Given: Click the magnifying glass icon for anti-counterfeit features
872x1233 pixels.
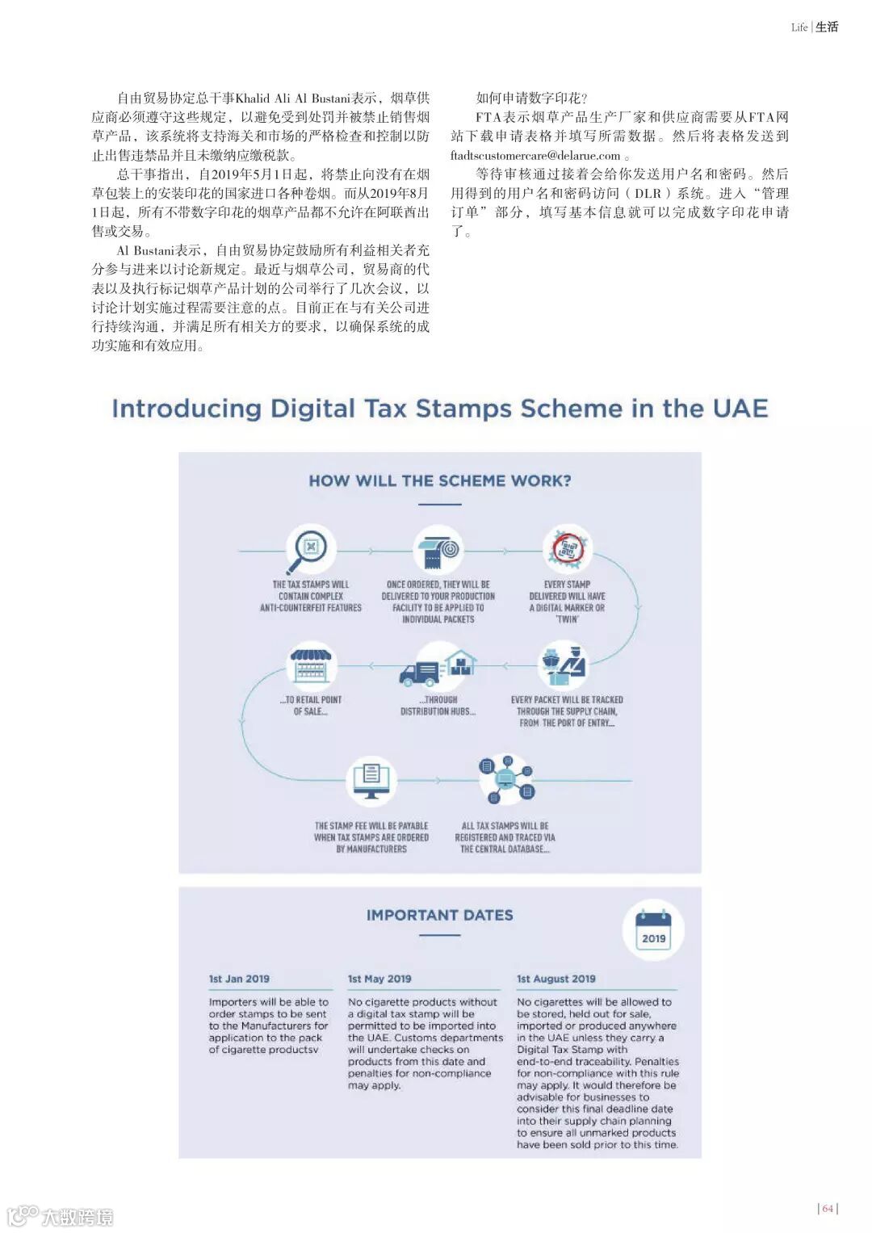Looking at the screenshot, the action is pyautogui.click(x=310, y=549).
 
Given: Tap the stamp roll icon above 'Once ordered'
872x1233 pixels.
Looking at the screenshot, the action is pyautogui.click(x=438, y=549).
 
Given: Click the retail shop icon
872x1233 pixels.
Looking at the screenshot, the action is pyautogui.click(x=311, y=665).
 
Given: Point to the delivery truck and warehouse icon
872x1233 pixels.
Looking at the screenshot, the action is pyautogui.click(x=438, y=666).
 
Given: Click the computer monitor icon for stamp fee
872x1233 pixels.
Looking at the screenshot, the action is pyautogui.click(x=371, y=780).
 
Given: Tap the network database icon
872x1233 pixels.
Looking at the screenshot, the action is pyautogui.click(x=505, y=780).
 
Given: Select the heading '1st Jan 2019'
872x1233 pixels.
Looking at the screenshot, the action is pyautogui.click(x=239, y=979).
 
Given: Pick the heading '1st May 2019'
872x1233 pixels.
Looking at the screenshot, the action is pyautogui.click(x=379, y=979).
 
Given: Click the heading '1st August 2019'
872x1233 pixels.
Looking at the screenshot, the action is pyautogui.click(x=556, y=979).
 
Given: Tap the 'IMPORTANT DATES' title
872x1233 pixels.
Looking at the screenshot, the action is pyautogui.click(x=439, y=915).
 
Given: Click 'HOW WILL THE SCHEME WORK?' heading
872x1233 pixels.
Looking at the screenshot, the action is pyautogui.click(x=439, y=481).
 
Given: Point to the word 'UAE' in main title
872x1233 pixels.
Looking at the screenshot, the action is pyautogui.click(x=740, y=409).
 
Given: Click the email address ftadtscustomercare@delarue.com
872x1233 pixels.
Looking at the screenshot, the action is pyautogui.click(x=535, y=156).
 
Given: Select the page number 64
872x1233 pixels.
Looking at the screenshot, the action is pyautogui.click(x=828, y=1209).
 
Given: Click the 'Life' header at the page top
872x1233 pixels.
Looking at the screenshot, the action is pyautogui.click(x=799, y=27).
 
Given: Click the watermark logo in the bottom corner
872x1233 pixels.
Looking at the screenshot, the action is pyautogui.click(x=61, y=1216).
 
